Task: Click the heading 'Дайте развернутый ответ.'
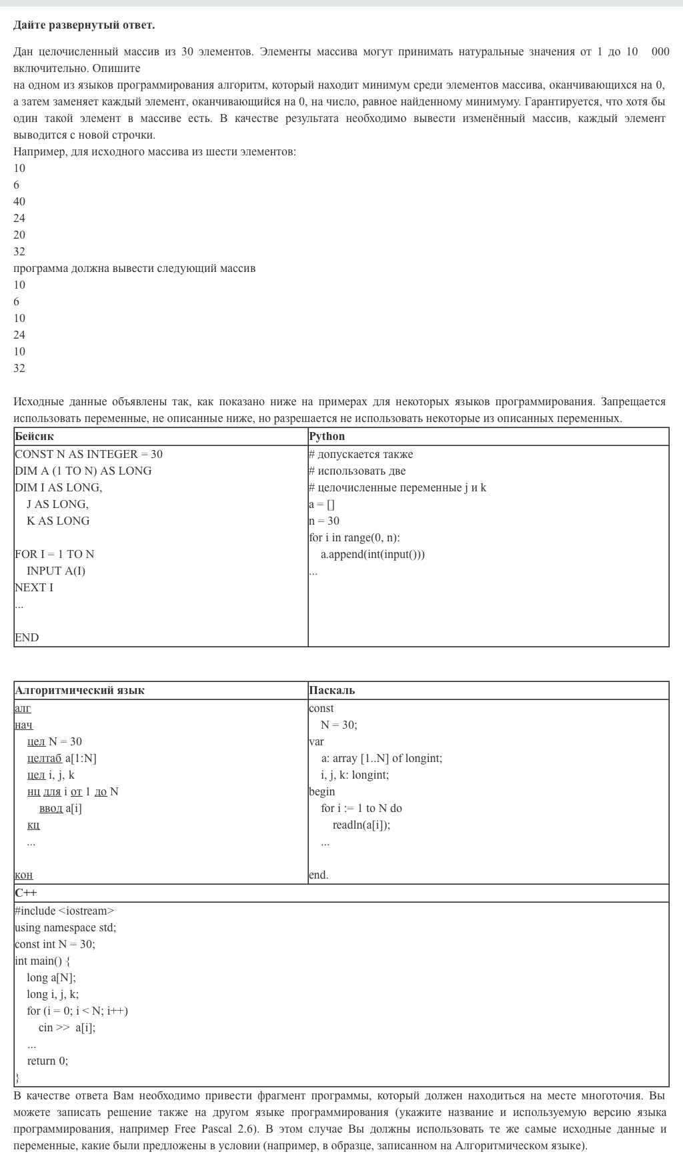84,25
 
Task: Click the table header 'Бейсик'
34,437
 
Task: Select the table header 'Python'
327,437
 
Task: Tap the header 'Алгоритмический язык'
79,691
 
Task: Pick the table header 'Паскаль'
331,691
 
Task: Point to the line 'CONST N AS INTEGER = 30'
89,455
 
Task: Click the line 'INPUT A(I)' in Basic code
56,571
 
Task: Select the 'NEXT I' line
34,588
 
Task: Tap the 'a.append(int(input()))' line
372,555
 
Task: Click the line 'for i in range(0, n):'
354,538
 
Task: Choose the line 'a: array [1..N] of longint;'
381,759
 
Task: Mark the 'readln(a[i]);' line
362,825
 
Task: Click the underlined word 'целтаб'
45,759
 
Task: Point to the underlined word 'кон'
23,875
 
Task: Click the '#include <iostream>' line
65,911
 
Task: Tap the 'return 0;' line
47,1061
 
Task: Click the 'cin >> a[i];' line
67,1028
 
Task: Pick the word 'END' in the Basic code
27,638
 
